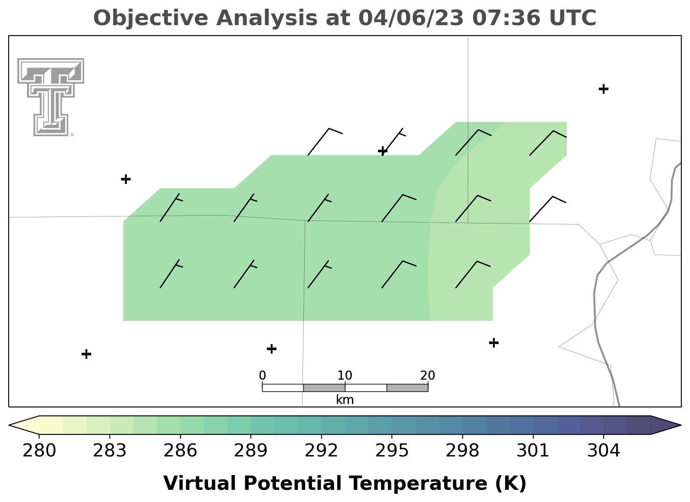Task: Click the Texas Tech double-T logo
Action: point(51,97)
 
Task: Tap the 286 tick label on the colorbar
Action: point(180,451)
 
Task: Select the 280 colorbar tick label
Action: point(39,451)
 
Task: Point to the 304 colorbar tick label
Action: point(604,451)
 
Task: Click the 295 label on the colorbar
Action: point(392,451)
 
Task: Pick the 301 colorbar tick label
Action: point(533,451)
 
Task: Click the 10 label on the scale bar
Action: point(345,375)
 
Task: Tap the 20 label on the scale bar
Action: point(427,375)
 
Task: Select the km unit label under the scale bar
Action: point(345,400)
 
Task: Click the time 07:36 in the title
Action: point(506,18)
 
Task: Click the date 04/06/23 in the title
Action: point(411,18)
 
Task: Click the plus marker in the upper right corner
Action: point(604,89)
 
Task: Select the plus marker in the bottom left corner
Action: point(86,354)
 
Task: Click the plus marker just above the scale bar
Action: point(271,349)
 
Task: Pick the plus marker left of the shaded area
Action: point(126,179)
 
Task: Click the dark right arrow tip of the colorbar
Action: point(666,425)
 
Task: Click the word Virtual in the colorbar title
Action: point(200,483)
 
